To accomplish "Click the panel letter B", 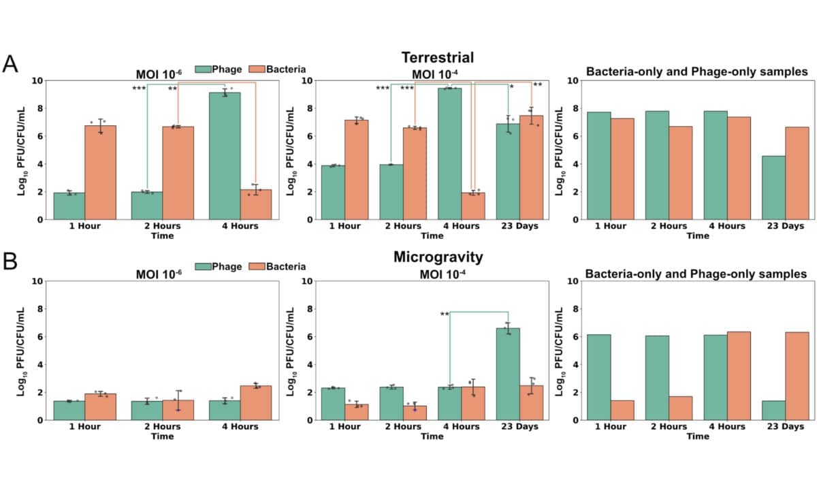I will coord(10,263).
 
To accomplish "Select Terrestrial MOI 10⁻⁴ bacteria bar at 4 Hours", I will coord(472,206).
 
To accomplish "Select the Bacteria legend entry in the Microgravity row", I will coord(276,267).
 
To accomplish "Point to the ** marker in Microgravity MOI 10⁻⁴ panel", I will coord(445,315).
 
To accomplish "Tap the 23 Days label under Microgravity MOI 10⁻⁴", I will coord(519,427).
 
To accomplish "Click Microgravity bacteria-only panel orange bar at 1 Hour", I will coord(623,410).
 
